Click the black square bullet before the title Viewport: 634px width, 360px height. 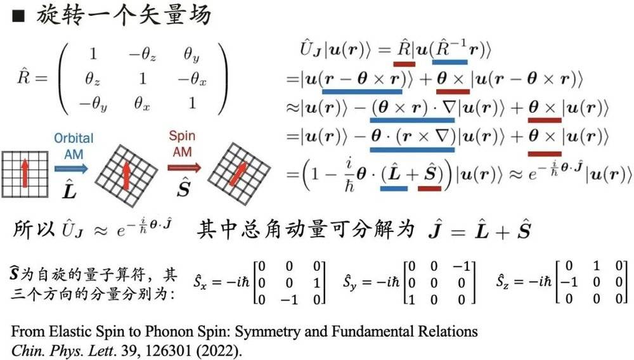click(18, 15)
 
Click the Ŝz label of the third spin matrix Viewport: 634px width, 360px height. click(504, 281)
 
